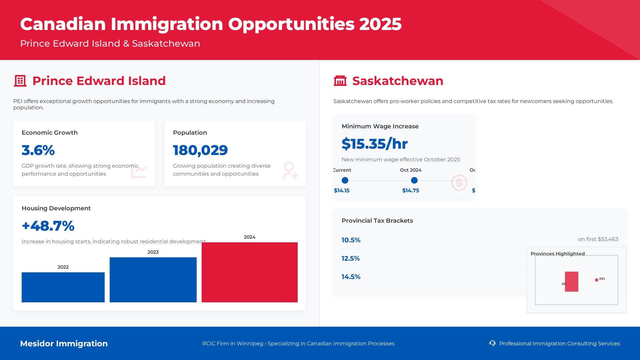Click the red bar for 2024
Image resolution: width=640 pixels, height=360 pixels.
(249, 272)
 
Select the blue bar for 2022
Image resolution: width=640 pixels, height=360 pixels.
(63, 287)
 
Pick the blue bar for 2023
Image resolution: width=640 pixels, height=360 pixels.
(153, 280)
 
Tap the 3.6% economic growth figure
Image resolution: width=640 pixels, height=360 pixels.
(38, 150)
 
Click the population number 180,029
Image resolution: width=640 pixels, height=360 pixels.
(200, 150)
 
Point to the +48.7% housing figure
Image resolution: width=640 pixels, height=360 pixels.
(48, 226)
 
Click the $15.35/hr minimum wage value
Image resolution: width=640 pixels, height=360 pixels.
(374, 144)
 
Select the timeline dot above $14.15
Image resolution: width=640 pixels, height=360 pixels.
(345, 180)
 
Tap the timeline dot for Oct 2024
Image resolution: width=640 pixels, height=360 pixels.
(414, 180)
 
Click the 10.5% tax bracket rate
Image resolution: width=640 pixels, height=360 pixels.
(351, 240)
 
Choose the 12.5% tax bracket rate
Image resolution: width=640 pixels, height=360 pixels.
(351, 258)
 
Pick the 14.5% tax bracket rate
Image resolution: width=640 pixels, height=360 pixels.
(351, 277)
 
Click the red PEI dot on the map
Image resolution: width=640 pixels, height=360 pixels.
(597, 280)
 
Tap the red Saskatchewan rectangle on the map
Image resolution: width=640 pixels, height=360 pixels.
(572, 282)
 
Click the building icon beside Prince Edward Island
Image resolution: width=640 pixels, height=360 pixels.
(20, 81)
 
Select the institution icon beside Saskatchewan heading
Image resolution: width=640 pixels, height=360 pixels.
(340, 81)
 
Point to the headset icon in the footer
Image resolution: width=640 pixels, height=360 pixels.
(492, 343)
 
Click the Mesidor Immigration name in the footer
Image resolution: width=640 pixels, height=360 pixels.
(64, 344)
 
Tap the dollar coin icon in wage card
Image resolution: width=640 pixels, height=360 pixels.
(459, 183)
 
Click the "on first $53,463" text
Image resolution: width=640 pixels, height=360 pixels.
(598, 239)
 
